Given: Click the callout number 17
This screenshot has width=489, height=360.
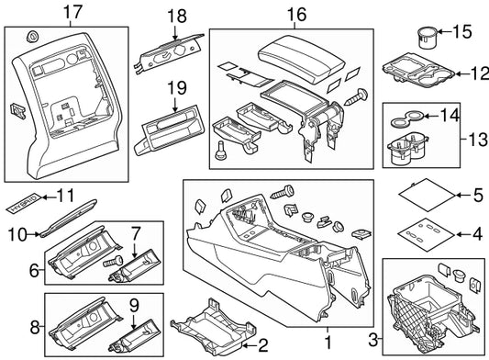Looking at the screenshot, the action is pos(72,13).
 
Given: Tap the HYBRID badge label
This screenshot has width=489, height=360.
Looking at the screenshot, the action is pos(25,203).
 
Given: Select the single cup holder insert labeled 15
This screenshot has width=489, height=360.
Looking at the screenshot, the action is pos(427,38).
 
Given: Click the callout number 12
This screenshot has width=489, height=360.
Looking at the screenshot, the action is pos(478,73).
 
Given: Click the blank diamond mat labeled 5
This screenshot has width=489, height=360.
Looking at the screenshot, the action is pos(427,195).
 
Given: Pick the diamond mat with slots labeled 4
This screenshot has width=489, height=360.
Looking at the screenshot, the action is pos(427,234).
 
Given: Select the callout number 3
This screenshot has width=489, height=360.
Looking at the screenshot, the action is pos(373,340).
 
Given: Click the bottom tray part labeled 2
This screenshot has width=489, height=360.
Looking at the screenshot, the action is pos(214,327).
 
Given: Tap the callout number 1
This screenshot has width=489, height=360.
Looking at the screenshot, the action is pos(328,343).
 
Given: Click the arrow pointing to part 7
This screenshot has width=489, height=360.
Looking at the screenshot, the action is pos(135,251).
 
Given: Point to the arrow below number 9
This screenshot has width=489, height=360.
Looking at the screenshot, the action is pos(133,322).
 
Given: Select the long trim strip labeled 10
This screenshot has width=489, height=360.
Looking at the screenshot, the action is pos(69,218).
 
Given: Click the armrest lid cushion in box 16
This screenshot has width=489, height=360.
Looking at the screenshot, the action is pos(301,59).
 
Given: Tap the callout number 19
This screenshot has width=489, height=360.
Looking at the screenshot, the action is pos(177,88).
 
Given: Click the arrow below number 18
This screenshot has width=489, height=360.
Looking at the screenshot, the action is pos(175,33).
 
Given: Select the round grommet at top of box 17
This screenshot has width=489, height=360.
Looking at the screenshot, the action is pos(32,37).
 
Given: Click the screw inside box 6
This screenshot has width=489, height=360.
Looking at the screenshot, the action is pos(113,259).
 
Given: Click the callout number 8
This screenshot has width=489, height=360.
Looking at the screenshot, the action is pos(35,328).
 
